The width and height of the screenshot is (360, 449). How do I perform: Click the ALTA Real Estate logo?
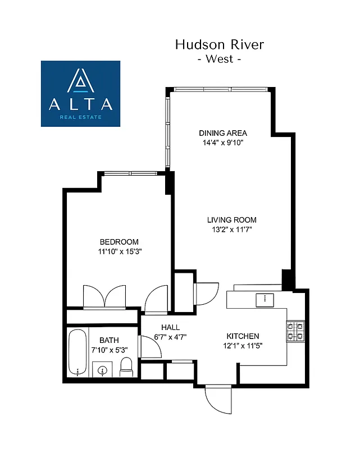[x=80, y=93]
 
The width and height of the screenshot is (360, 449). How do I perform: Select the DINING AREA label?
[x=223, y=133]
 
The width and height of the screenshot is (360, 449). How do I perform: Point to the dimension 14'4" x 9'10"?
[x=223, y=143]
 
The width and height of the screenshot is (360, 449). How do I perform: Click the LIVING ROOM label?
[x=231, y=220]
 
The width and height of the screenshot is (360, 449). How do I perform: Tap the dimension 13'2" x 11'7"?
[x=231, y=230]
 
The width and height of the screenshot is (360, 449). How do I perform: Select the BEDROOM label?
[x=119, y=242]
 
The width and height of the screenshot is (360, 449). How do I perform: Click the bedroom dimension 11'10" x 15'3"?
[x=119, y=251]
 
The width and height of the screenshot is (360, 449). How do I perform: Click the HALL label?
[x=170, y=327]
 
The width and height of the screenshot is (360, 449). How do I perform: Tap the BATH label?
[x=109, y=340]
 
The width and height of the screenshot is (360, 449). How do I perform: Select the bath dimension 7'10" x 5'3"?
[x=109, y=350]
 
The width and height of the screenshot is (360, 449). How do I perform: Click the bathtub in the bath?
[x=78, y=353]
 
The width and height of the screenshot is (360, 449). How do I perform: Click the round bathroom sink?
[x=103, y=370]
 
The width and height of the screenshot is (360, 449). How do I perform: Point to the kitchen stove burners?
[x=295, y=331]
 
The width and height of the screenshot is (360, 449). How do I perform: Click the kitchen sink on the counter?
[x=264, y=300]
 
